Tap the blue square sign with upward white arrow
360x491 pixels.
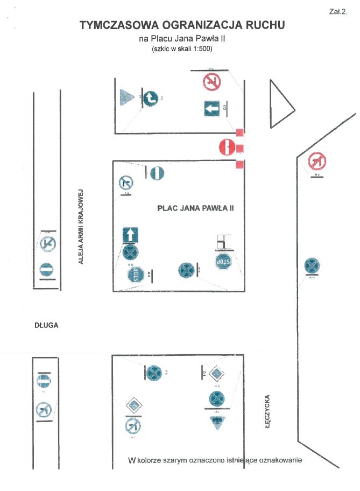131,235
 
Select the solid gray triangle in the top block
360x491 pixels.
127,97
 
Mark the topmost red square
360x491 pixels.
240,132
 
